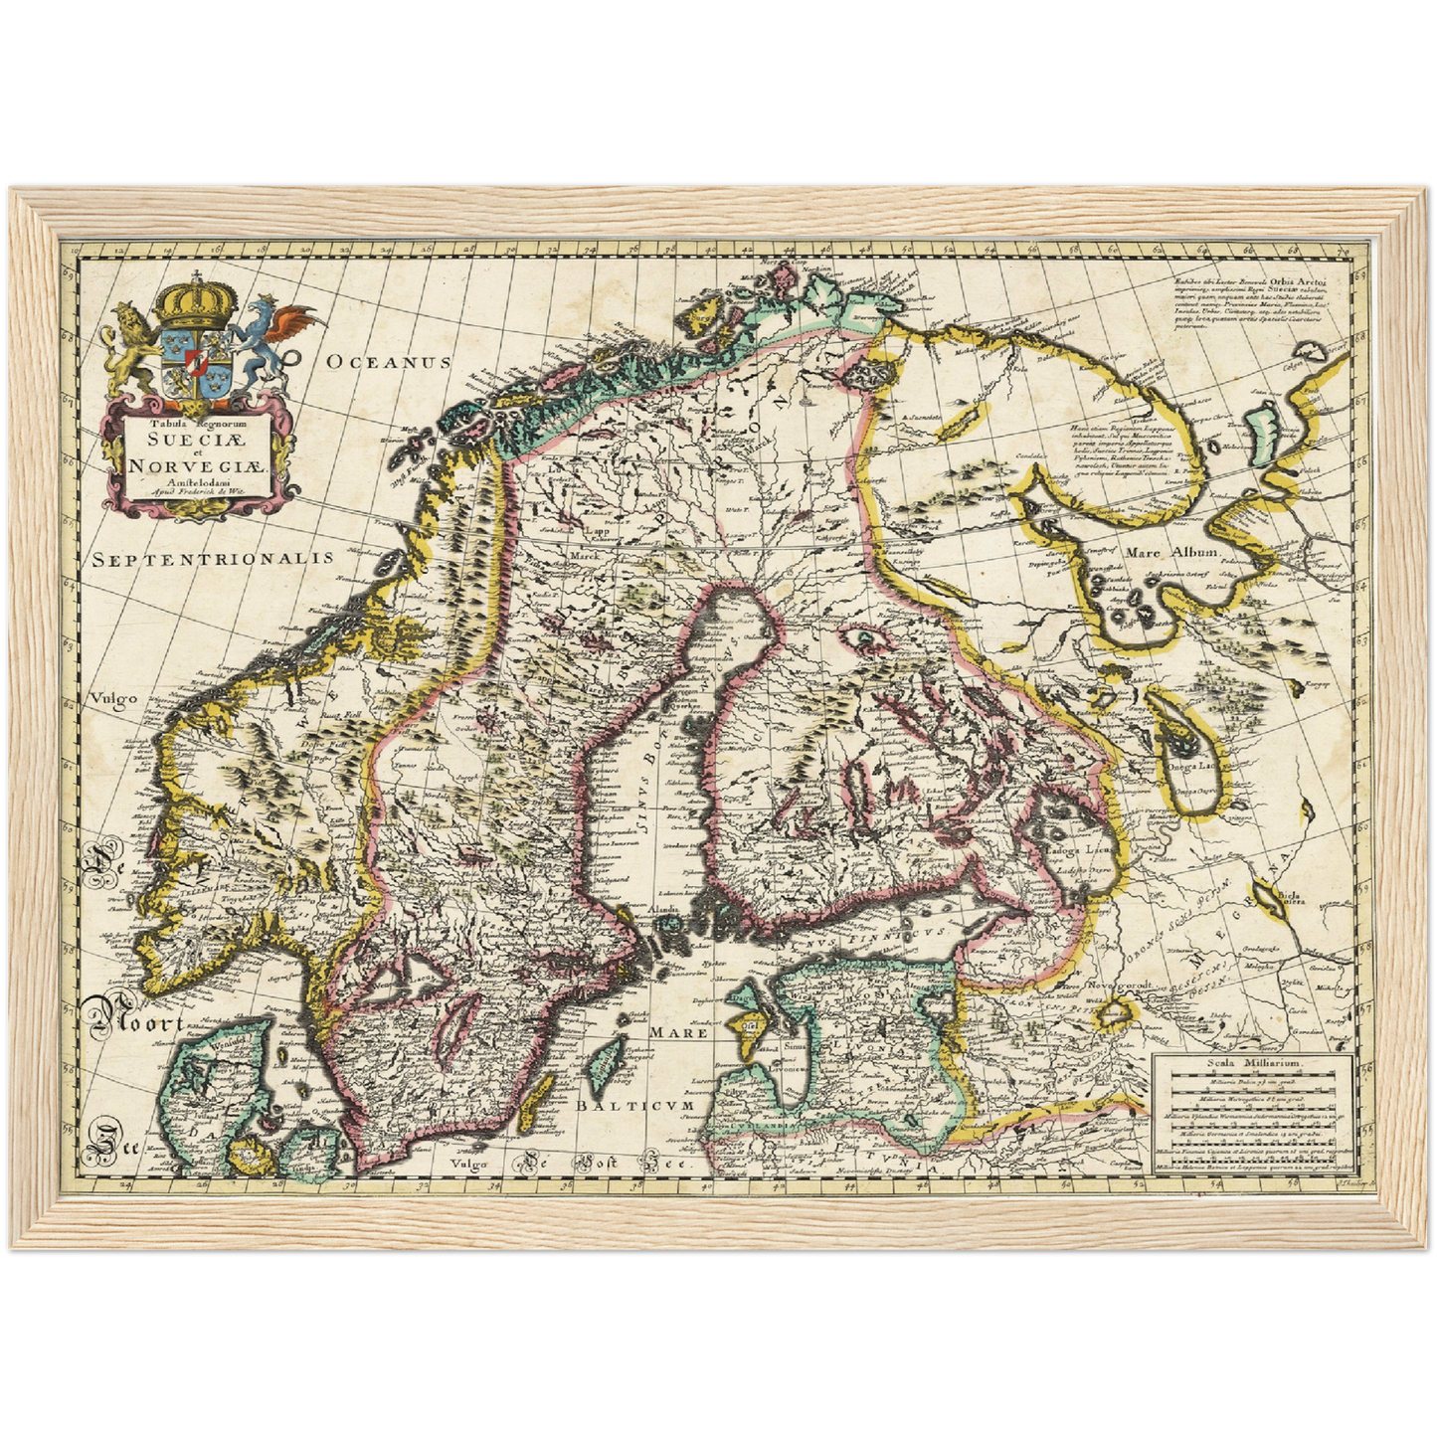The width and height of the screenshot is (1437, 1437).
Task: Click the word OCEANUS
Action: coord(389,363)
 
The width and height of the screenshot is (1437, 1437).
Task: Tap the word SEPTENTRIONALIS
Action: coord(213,559)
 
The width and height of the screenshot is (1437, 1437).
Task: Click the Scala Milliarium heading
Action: coord(1252,1062)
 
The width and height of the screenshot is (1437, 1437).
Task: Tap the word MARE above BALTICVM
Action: coord(678,1032)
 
